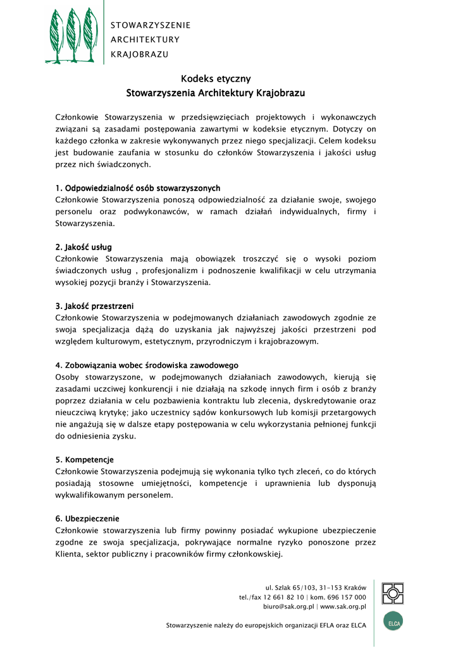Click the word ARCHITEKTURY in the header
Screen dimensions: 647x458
pyautogui.click(x=145, y=39)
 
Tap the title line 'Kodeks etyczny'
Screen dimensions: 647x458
pyautogui.click(x=216, y=79)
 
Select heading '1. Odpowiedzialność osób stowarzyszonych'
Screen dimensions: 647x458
pyautogui.click(x=138, y=188)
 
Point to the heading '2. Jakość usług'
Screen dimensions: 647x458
pyautogui.click(x=84, y=247)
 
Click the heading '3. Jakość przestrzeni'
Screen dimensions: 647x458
pyautogui.click(x=94, y=306)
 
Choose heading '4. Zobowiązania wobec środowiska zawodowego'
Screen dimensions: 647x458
pyautogui.click(x=147, y=365)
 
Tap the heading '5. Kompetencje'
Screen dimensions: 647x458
pyautogui.click(x=85, y=459)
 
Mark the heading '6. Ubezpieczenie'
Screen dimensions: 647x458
pyautogui.click(x=87, y=519)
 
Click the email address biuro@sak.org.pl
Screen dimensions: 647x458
pyautogui.click(x=288, y=607)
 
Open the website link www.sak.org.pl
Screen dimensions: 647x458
pyautogui.click(x=343, y=607)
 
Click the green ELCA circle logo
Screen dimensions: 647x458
pyautogui.click(x=393, y=621)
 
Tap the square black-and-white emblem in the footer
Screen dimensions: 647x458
pyautogui.click(x=393, y=593)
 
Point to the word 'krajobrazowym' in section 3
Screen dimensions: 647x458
pyautogui.click(x=288, y=342)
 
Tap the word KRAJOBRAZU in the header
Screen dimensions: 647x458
pyautogui.click(x=140, y=54)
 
